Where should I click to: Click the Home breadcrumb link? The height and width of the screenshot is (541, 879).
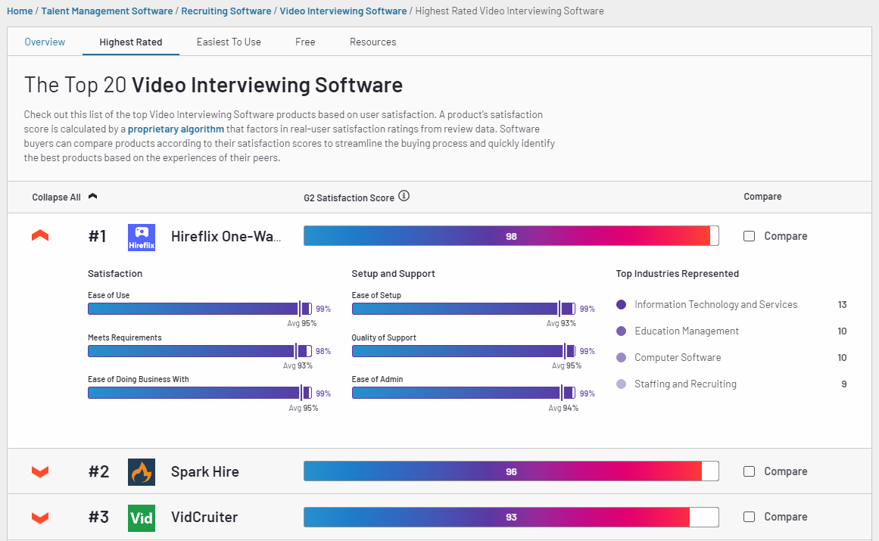click(x=20, y=11)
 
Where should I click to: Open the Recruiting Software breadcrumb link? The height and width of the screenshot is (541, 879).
click(x=226, y=11)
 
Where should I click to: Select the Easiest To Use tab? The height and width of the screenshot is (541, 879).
click(x=229, y=42)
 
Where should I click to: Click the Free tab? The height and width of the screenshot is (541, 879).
click(x=305, y=42)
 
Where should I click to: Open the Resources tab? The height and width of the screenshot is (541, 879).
click(x=372, y=42)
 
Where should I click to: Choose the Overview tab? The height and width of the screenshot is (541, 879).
click(x=45, y=42)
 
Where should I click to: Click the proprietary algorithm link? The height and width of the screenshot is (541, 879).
click(x=176, y=129)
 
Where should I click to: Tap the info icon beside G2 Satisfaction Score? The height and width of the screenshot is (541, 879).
click(x=404, y=197)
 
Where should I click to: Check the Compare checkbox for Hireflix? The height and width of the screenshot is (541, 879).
click(x=750, y=236)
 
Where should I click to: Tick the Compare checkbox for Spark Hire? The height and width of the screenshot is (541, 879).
click(x=750, y=471)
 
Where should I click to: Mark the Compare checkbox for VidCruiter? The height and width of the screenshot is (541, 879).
click(x=750, y=517)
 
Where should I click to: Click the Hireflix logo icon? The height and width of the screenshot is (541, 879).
click(x=142, y=237)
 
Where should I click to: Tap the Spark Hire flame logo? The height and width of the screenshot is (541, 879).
click(x=142, y=472)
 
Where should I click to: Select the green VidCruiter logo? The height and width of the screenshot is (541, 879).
click(x=142, y=518)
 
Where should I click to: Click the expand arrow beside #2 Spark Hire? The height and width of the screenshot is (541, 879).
click(x=40, y=472)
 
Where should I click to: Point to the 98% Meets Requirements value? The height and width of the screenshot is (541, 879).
click(x=323, y=351)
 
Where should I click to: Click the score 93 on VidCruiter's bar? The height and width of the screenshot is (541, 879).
click(x=511, y=518)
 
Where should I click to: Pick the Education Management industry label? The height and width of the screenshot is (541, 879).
click(x=686, y=331)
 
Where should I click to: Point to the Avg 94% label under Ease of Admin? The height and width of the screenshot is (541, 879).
click(x=563, y=408)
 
